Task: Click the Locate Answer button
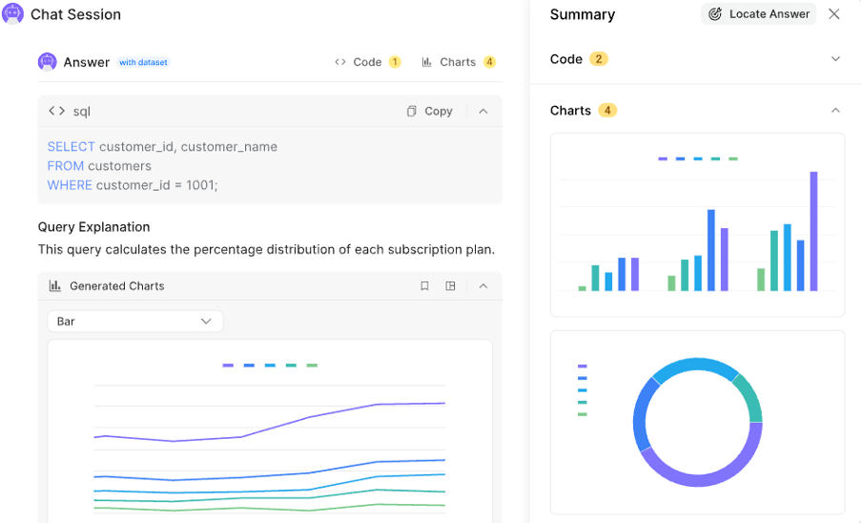pyautogui.click(x=759, y=14)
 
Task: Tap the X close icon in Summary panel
pyautogui.click(x=834, y=14)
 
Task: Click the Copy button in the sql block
pyautogui.click(x=429, y=111)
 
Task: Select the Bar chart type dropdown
pyautogui.click(x=134, y=322)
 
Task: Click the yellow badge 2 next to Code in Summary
pyautogui.click(x=599, y=59)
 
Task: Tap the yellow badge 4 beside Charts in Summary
pyautogui.click(x=607, y=111)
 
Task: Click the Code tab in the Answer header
pyautogui.click(x=367, y=62)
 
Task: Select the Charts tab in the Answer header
pyautogui.click(x=458, y=62)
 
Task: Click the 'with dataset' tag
pyautogui.click(x=143, y=63)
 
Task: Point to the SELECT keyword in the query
pyautogui.click(x=72, y=147)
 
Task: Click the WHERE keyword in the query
pyautogui.click(x=70, y=185)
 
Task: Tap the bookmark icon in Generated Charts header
pyautogui.click(x=424, y=285)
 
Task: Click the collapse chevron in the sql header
pyautogui.click(x=483, y=111)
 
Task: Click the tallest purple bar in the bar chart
pyautogui.click(x=814, y=231)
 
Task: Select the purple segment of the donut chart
pyautogui.click(x=701, y=464)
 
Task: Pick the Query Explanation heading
pyautogui.click(x=93, y=227)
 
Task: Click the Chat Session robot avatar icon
pyautogui.click(x=13, y=14)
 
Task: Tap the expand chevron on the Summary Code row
pyautogui.click(x=835, y=59)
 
